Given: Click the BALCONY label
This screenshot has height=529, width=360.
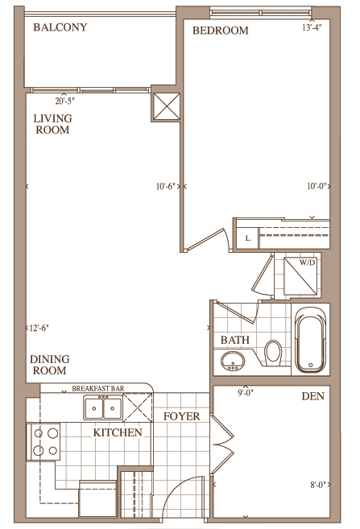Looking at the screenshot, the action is pyautogui.click(x=60, y=27).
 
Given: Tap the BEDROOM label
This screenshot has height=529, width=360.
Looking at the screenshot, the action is pyautogui.click(x=221, y=31).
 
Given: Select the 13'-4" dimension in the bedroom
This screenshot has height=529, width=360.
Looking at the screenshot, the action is pyautogui.click(x=312, y=27).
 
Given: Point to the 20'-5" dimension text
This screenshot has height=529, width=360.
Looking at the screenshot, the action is pyautogui.click(x=64, y=101).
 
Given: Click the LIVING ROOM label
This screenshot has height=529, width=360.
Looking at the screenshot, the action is pyautogui.click(x=52, y=124).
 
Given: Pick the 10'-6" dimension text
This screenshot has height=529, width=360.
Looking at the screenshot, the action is pyautogui.click(x=166, y=186).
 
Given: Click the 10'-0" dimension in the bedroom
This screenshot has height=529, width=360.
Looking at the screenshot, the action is pyautogui.click(x=317, y=186).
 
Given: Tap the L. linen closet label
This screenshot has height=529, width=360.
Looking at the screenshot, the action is pyautogui.click(x=248, y=238).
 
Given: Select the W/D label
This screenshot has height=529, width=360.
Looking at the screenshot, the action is pyautogui.click(x=307, y=262).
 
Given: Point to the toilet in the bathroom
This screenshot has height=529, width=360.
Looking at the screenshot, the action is pyautogui.click(x=273, y=353).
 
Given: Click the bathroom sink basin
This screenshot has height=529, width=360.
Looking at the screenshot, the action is pyautogui.click(x=233, y=361).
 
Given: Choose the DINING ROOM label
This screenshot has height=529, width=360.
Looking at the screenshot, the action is pyautogui.click(x=50, y=365).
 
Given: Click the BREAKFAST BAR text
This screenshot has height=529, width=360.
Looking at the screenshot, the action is pyautogui.click(x=97, y=388).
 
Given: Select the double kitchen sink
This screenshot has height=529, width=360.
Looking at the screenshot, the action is pyautogui.click(x=103, y=408).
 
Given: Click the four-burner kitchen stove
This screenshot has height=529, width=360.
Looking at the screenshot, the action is pyautogui.click(x=43, y=441).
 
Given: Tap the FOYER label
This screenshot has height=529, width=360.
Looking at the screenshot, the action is pyautogui.click(x=181, y=416).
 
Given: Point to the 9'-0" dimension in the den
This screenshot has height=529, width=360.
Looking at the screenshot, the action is pyautogui.click(x=246, y=392).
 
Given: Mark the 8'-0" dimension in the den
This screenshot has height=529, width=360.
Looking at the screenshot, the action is pyautogui.click(x=318, y=485).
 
